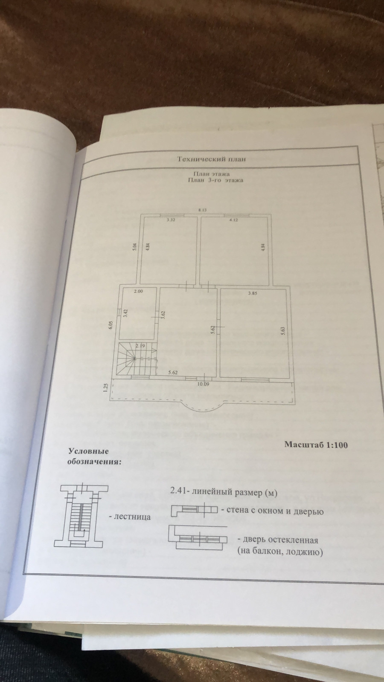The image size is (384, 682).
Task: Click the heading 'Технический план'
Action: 212,159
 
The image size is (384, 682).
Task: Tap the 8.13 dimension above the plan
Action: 202,210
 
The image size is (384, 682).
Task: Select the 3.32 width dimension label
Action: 170,220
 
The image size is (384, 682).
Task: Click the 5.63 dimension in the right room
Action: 282,332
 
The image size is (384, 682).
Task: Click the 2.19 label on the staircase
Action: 140,347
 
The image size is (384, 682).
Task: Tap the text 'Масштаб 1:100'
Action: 316,445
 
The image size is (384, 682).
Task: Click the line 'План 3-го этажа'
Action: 215,180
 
